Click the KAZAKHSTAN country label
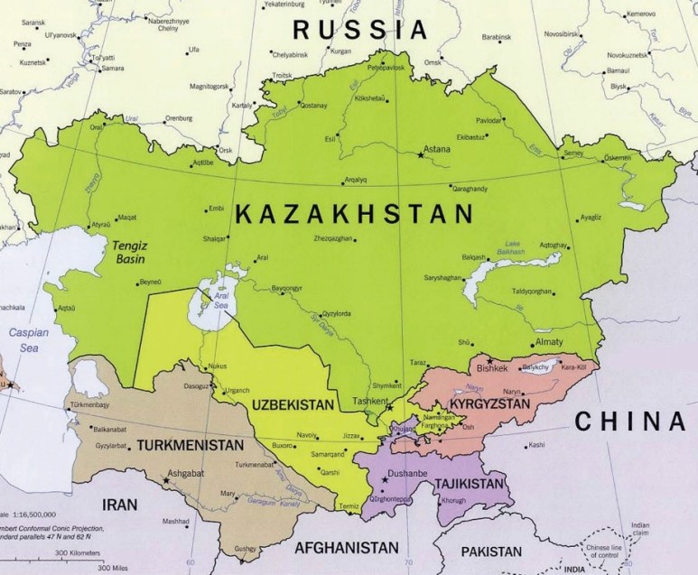(x=354, y=215)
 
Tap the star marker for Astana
(x=421, y=156)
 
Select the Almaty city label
(x=549, y=343)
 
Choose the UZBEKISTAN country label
(x=294, y=403)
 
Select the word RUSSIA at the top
(x=359, y=30)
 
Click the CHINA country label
(x=630, y=421)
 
